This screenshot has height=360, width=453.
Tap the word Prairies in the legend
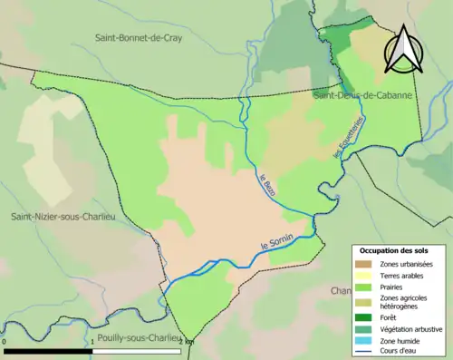(394, 287)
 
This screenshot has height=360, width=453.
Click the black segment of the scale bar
(50, 350)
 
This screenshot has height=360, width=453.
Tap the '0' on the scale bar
(5, 341)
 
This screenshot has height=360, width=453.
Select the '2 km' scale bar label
(185, 341)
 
